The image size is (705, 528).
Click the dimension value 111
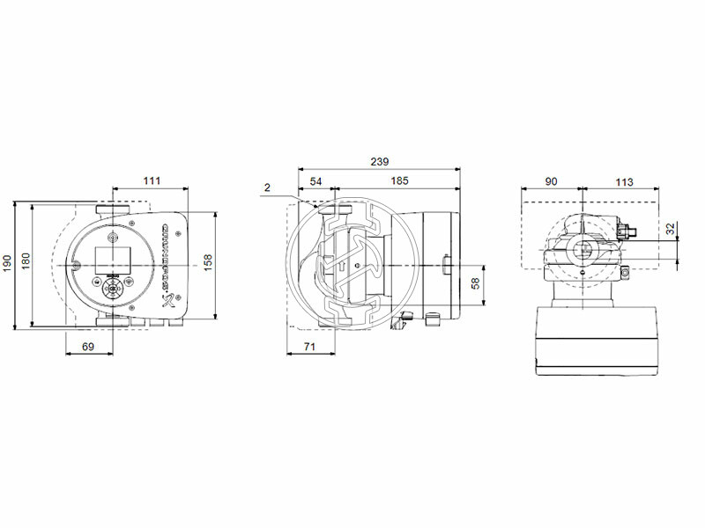point(152,180)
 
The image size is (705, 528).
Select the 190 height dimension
point(7,262)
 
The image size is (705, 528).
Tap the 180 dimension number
point(26,262)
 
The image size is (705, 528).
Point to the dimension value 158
point(208,262)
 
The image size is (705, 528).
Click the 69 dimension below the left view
point(88,348)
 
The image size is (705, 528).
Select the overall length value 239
point(378,162)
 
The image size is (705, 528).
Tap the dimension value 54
point(315,180)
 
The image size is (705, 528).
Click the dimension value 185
point(398,180)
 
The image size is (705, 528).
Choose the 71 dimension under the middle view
point(309,348)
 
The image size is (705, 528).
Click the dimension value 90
point(551,180)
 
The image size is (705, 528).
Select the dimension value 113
point(623,180)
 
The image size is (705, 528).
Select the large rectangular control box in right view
point(599,339)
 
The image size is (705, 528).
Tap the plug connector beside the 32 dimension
point(627,231)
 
